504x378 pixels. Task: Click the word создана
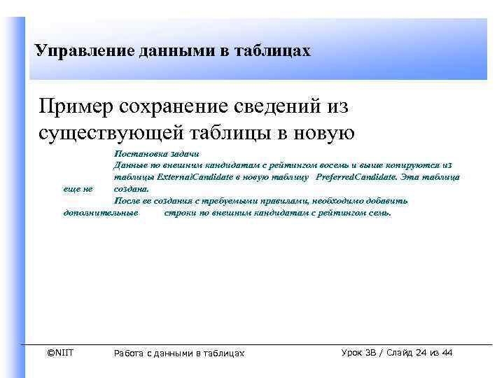click(x=132, y=189)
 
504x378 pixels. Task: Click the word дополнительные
click(x=100, y=212)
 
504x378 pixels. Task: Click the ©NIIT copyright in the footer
click(x=59, y=352)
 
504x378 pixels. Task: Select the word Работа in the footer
click(x=130, y=353)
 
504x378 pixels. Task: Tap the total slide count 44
click(x=447, y=352)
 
